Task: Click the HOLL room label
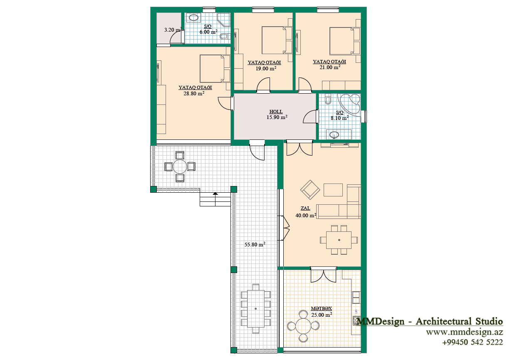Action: point(276,112)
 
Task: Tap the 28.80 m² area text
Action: point(194,94)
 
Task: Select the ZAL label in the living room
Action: point(305,208)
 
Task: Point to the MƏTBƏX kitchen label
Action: point(322,308)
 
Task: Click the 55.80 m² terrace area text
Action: point(255,244)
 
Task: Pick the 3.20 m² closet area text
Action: point(173,30)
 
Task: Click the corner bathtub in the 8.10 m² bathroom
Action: point(349,104)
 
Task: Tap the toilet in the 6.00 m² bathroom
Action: point(224,36)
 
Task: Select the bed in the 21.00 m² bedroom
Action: point(344,41)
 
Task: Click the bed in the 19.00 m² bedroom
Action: point(277,40)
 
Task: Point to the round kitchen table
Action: point(303,326)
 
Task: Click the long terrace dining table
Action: point(256,308)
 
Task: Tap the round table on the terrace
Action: point(180,166)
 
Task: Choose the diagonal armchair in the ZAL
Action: point(310,189)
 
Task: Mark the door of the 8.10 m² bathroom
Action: point(311,117)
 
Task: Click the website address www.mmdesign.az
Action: point(464,332)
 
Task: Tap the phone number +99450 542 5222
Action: point(473,342)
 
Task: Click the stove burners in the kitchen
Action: point(357,320)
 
